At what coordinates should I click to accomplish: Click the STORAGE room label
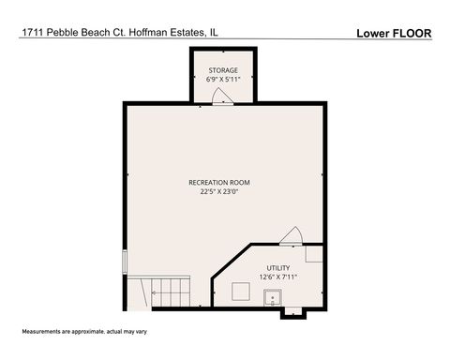(x=223, y=70)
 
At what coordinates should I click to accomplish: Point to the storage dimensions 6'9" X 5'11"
(x=223, y=80)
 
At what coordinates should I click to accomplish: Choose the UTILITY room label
(x=278, y=267)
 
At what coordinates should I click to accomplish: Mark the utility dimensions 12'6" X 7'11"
(x=278, y=277)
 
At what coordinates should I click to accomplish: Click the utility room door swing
(x=292, y=235)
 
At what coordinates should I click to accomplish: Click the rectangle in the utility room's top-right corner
(x=314, y=253)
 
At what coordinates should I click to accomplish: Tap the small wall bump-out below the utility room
(x=292, y=313)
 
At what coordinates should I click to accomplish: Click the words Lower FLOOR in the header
(x=394, y=33)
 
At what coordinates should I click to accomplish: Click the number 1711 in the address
(x=30, y=33)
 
